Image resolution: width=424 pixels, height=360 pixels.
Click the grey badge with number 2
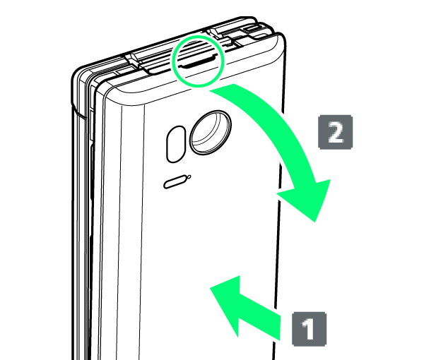click(335, 132)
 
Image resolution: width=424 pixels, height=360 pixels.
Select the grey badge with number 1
click(310, 329)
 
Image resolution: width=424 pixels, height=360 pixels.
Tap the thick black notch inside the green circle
click(197, 62)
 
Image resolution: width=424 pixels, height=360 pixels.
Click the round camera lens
click(211, 133)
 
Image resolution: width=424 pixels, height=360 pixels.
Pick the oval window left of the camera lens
click(176, 144)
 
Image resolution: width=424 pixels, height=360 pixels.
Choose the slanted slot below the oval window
click(175, 182)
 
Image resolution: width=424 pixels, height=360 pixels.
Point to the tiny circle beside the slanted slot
click(189, 177)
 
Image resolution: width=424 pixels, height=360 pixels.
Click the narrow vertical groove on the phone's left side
click(92, 189)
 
